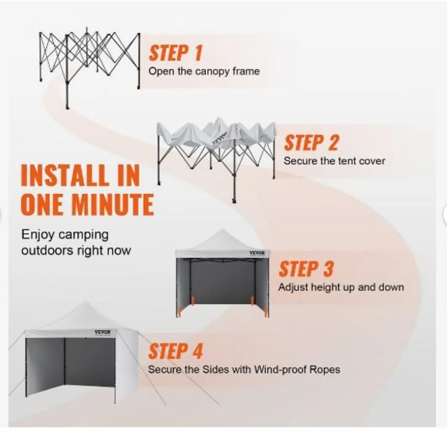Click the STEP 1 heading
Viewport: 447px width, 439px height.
click(175, 53)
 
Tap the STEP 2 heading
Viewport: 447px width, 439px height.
click(311, 142)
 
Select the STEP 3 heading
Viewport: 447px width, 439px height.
click(306, 269)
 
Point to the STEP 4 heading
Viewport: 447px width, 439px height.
click(175, 351)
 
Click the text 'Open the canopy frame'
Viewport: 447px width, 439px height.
click(204, 71)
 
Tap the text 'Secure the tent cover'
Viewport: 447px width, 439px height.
click(334, 161)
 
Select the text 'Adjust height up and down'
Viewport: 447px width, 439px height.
click(341, 288)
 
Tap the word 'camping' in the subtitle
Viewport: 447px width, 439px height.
click(83, 235)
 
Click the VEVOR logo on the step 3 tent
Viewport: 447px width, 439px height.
click(257, 253)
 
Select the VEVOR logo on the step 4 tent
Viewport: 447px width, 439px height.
click(102, 332)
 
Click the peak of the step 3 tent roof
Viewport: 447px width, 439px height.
click(222, 230)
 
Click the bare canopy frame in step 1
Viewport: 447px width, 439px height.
click(89, 67)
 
